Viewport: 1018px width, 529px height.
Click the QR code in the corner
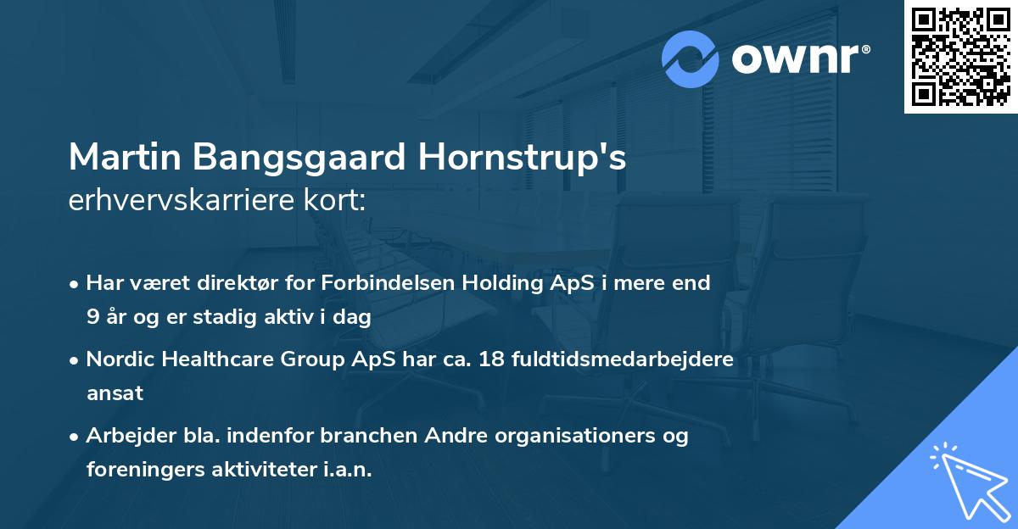tap(960, 57)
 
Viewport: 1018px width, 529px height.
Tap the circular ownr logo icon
tap(691, 58)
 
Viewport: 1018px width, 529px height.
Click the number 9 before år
tap(92, 317)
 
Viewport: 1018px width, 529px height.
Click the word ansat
tap(115, 393)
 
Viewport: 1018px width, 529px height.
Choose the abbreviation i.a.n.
tap(346, 470)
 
